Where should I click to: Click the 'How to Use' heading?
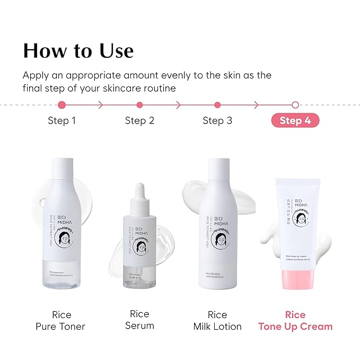coord(78,51)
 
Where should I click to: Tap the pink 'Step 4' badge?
coord(295,120)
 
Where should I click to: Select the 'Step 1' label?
coord(62,120)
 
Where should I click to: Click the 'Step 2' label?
coord(139,120)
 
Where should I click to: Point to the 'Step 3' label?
coord(217,120)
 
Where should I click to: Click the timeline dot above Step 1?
coord(62,105)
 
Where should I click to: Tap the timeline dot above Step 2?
coord(139,105)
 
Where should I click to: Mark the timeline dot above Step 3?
coord(217,105)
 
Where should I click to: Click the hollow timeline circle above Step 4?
coord(295,105)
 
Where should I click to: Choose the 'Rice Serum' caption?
coord(139,320)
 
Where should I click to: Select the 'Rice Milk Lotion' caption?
coord(217,320)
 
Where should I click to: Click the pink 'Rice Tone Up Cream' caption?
coord(295,320)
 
